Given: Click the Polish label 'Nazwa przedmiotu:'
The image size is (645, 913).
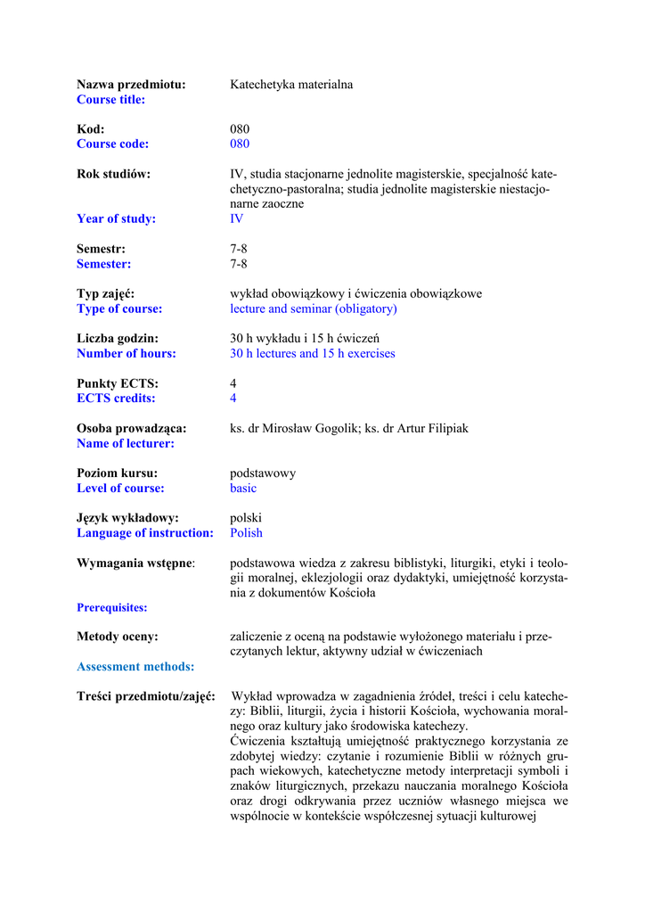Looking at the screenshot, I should [x=131, y=85].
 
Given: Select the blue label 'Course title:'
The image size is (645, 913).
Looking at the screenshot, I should [x=110, y=100].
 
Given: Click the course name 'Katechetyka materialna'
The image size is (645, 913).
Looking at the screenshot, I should [x=291, y=85].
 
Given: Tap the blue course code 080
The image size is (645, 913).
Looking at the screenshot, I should [x=240, y=144].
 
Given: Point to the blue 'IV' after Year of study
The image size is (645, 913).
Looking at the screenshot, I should [x=236, y=219].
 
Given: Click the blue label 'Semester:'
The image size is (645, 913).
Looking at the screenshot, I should [x=103, y=264].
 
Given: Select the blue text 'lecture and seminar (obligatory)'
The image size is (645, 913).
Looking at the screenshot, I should [x=314, y=309].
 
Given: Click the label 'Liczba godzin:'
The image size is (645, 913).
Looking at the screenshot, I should [x=118, y=339].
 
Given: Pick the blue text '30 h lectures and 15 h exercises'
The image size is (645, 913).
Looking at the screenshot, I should [x=313, y=354].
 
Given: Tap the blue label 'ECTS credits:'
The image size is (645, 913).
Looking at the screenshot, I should [x=116, y=399].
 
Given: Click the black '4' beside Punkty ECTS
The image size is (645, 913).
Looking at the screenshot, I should [x=233, y=383].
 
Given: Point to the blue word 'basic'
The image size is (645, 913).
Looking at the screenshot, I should [x=243, y=489].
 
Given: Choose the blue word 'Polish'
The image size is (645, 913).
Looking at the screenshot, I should [x=246, y=533].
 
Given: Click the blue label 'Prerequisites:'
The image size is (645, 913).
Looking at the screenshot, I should [x=112, y=608].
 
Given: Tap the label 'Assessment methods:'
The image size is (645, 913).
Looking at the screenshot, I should [x=135, y=667].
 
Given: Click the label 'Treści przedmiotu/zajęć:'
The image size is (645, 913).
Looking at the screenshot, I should [x=146, y=696].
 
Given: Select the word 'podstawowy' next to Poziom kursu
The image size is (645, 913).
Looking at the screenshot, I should [x=263, y=473].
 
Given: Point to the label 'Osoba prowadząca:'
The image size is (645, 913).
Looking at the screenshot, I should [x=131, y=429].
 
